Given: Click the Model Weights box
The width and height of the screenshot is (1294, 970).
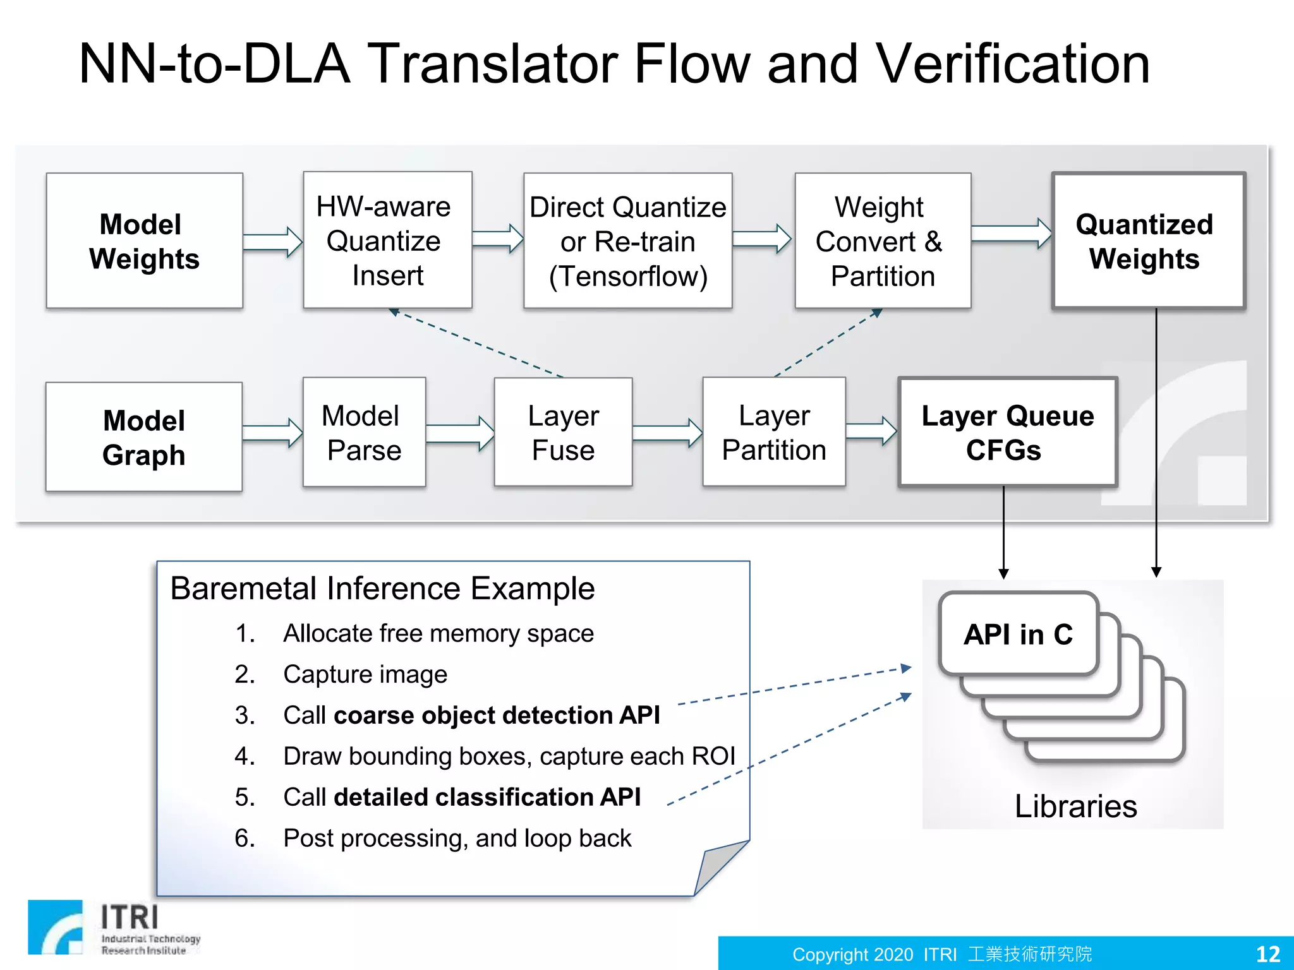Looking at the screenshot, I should point(144,241).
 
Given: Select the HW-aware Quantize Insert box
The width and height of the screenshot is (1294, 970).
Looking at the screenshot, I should point(387,240).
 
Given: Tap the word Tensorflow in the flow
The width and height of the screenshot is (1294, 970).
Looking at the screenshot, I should point(628,277).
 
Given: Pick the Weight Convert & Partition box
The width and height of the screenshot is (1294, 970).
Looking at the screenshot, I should point(882,241).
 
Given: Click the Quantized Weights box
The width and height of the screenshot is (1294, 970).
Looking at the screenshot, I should point(1147,241).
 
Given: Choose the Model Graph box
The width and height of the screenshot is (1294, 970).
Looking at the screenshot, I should point(144,437).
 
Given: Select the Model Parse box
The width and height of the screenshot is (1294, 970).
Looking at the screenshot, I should point(364,433).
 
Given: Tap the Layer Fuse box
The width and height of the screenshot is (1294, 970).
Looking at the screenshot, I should point(563,433).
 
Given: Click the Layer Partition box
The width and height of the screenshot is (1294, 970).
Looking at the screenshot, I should point(773,433).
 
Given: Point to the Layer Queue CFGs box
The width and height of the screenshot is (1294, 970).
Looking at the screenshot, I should point(1007,433).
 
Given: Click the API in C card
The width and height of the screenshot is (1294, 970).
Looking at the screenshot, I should point(1018,634).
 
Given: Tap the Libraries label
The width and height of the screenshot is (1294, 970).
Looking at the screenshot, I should point(1075,806).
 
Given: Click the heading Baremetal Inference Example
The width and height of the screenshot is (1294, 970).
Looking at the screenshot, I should point(382,589).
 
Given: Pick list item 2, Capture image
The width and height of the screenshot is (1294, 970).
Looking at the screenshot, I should point(365,674).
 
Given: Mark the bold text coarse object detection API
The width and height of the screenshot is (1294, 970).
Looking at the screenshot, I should point(497,716).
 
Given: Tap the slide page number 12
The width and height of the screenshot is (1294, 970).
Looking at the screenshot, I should point(1267,954).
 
